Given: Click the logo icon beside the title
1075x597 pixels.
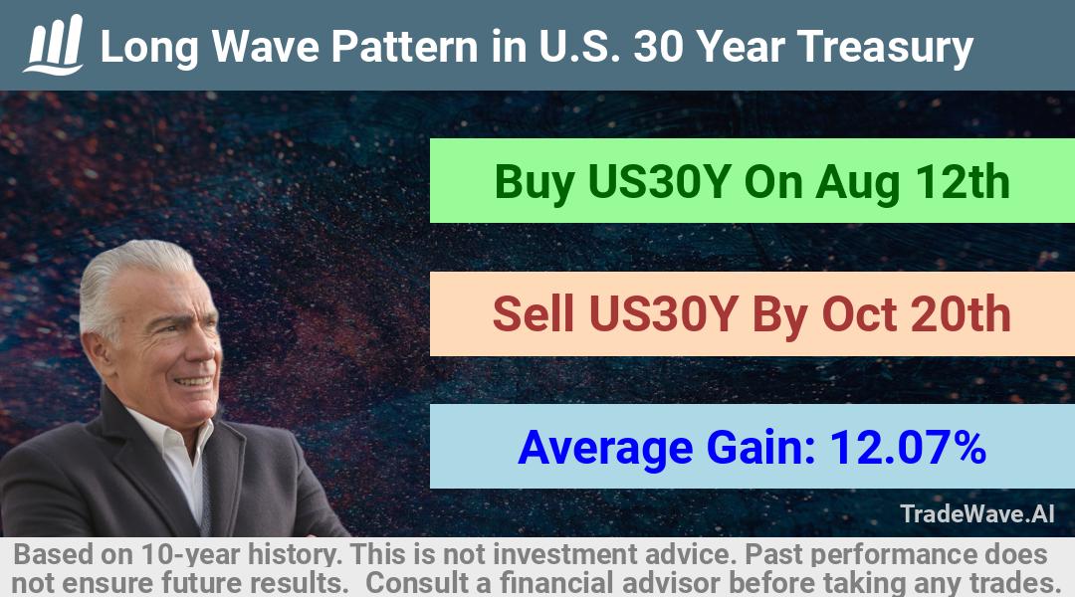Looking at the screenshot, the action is pyautogui.click(x=54, y=45).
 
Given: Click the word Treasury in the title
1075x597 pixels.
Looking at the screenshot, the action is pyautogui.click(x=885, y=48).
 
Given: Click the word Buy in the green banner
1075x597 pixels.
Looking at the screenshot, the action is pyautogui.click(x=535, y=182).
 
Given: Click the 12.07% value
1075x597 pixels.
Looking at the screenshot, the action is pyautogui.click(x=908, y=447).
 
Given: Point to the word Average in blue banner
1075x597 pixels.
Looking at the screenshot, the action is pyautogui.click(x=605, y=449).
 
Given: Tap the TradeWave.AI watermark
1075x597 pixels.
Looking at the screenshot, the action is pyautogui.click(x=977, y=513).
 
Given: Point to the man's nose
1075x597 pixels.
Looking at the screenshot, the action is pyautogui.click(x=209, y=349).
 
